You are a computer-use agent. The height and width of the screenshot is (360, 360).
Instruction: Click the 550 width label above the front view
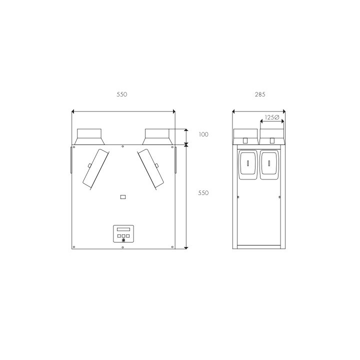(122, 94)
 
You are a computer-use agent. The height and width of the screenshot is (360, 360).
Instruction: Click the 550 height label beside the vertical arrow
(203, 193)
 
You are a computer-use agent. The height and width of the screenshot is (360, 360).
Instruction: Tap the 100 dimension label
(203, 134)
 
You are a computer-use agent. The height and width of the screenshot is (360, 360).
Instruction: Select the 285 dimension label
(260, 94)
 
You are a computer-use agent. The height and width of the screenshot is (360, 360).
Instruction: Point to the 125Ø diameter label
(272, 117)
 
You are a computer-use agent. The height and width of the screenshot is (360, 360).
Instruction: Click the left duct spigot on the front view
(89, 137)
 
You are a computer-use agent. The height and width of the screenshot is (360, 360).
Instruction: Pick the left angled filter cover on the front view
(95, 169)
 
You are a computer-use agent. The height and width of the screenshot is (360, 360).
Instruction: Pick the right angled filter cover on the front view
(150, 169)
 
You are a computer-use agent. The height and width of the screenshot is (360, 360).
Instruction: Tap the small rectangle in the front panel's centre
(123, 197)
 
